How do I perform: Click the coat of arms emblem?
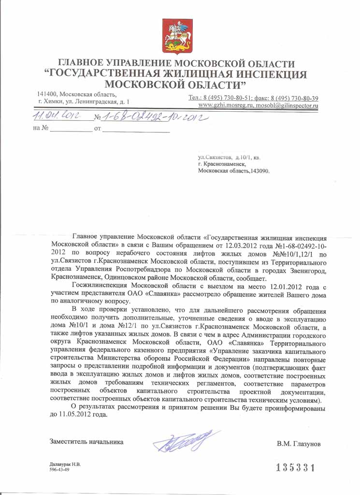click(177, 37)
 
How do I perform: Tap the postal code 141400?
click(48, 94)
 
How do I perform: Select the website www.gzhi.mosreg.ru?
click(226, 105)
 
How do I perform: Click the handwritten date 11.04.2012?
click(56, 116)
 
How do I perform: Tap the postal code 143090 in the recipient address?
click(259, 171)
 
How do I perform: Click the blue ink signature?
click(180, 440)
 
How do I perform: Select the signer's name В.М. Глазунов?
click(299, 443)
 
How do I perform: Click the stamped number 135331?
click(295, 467)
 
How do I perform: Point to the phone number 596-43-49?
click(61, 469)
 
